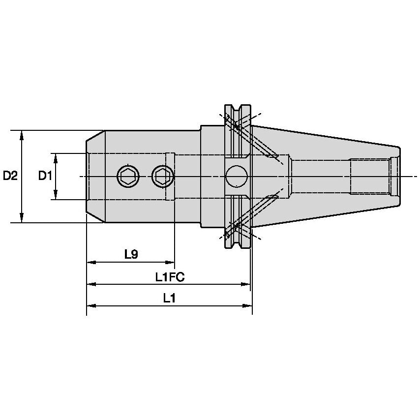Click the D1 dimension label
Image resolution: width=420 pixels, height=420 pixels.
[45, 176]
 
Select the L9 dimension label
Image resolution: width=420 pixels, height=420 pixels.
[131, 254]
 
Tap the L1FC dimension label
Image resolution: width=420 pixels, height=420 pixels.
[170, 277]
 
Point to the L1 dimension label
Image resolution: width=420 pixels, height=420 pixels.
[170, 299]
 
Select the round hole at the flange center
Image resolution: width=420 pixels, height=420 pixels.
[237, 176]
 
